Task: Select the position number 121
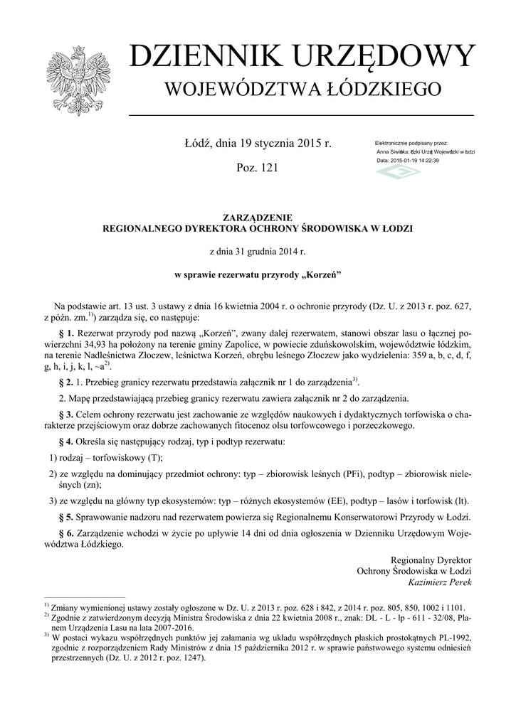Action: click(x=268, y=168)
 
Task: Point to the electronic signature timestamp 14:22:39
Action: click(x=426, y=161)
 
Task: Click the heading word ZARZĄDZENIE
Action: click(x=258, y=217)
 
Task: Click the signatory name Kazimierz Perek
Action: click(x=440, y=582)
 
